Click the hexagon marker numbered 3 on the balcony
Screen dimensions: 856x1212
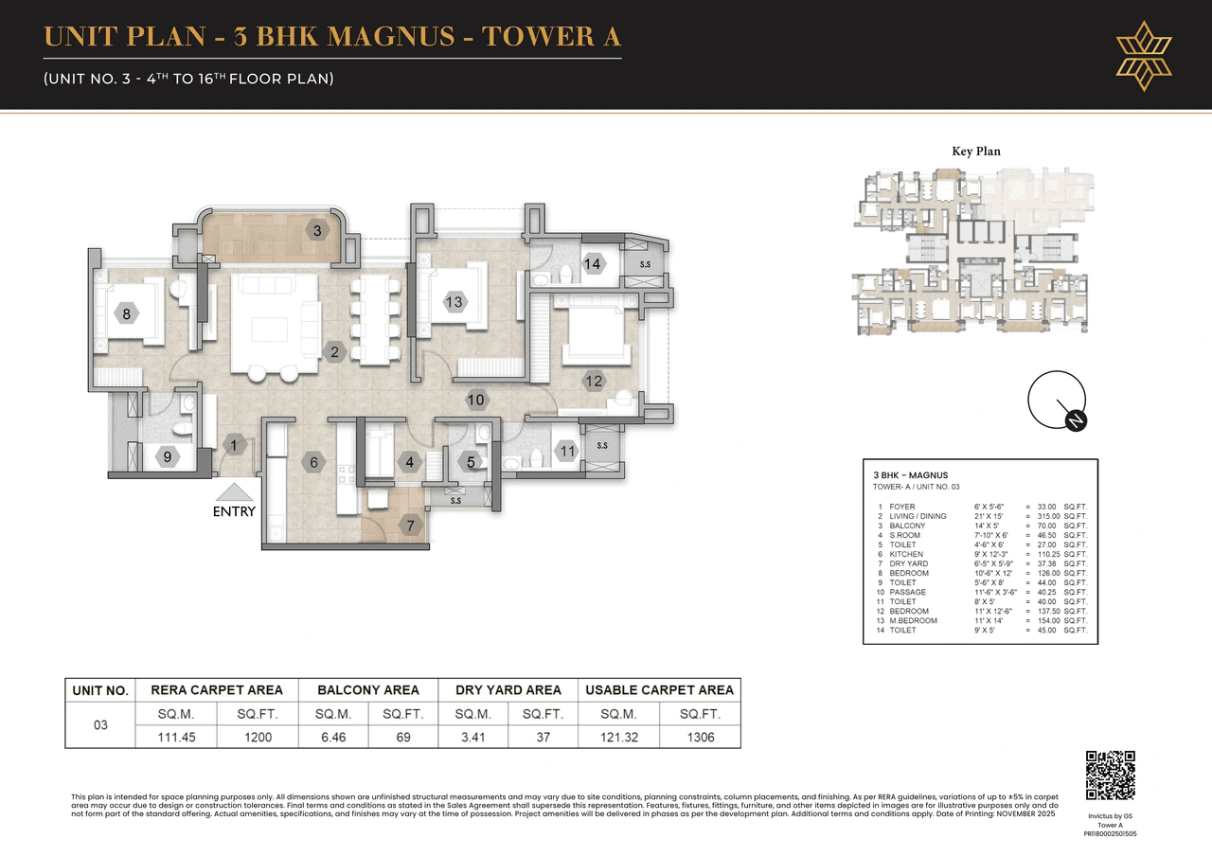[x=317, y=230]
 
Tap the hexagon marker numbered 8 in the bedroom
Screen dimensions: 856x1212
[x=126, y=313]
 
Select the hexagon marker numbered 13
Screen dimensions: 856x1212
[x=454, y=302]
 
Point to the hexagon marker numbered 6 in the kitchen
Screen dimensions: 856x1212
[x=313, y=463]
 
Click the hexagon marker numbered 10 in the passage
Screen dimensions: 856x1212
[x=475, y=400]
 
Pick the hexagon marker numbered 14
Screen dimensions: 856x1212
[x=593, y=264]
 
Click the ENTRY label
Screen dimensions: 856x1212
[x=234, y=511]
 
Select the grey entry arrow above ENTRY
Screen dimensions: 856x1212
[x=234, y=491]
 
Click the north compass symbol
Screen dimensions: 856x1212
[x=1056, y=401]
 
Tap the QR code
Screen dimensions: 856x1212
[x=1110, y=776]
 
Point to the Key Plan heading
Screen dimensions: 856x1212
[x=975, y=152]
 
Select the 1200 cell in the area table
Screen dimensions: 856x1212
[x=258, y=737]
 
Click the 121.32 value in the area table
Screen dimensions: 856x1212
[x=617, y=737]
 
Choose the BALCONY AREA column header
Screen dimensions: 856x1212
[x=368, y=690]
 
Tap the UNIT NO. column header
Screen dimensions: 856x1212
[x=100, y=690]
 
